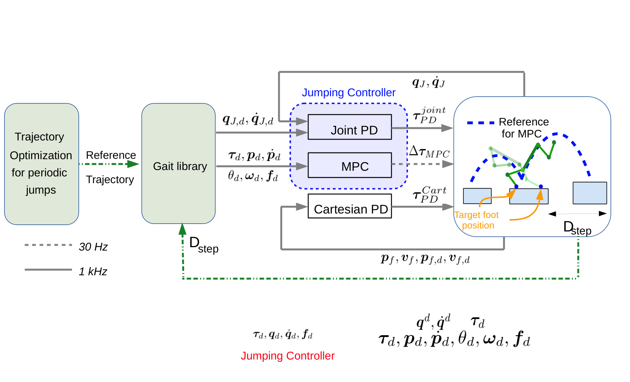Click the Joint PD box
pos(349,127)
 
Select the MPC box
pos(349,165)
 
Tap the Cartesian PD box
pos(349,206)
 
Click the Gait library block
pos(178,163)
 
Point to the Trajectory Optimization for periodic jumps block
pos(42,164)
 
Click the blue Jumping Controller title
pos(348,93)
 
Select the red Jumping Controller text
pos(288,356)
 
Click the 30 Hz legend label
pos(93,247)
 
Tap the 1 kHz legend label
pos(93,272)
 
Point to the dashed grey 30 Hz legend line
pos(48,245)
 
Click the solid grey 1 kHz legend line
pos(48,270)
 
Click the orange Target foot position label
pos(477,220)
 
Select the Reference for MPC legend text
pos(523,128)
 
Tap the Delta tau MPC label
pos(429,152)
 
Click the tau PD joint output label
pos(429,115)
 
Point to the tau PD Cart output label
pos(429,194)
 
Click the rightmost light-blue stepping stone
pos(590,193)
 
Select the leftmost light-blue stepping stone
pos(477,196)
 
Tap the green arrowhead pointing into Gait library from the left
pos(133,164)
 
